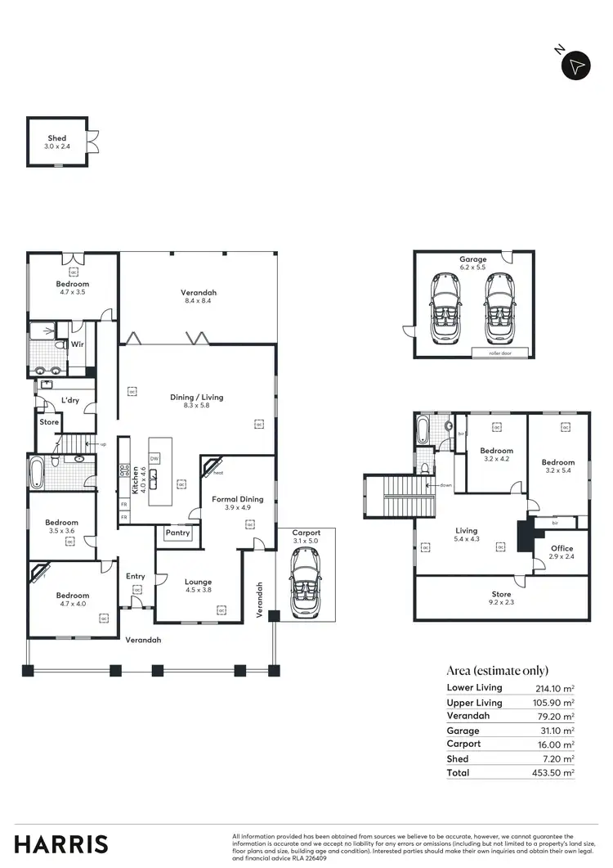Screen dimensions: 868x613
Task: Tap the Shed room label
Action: tap(56, 139)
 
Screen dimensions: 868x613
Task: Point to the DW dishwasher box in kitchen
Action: tap(154, 459)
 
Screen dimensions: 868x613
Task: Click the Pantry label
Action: tap(177, 533)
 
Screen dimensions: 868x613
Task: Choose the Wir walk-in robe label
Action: tap(78, 344)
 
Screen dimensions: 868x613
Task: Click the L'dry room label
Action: tap(69, 401)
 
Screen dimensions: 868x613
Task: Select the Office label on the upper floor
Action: tap(562, 548)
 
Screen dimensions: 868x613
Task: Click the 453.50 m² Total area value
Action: tap(552, 772)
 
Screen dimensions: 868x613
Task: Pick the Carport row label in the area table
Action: tap(463, 744)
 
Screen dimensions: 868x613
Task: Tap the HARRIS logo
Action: tap(61, 843)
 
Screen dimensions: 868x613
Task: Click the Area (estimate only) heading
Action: tap(498, 670)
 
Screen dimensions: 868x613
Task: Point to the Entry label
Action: tap(136, 576)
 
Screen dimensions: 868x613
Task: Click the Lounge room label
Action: tap(198, 582)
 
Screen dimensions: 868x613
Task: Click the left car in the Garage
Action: tap(445, 308)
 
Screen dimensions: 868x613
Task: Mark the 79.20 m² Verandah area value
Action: tap(555, 716)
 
